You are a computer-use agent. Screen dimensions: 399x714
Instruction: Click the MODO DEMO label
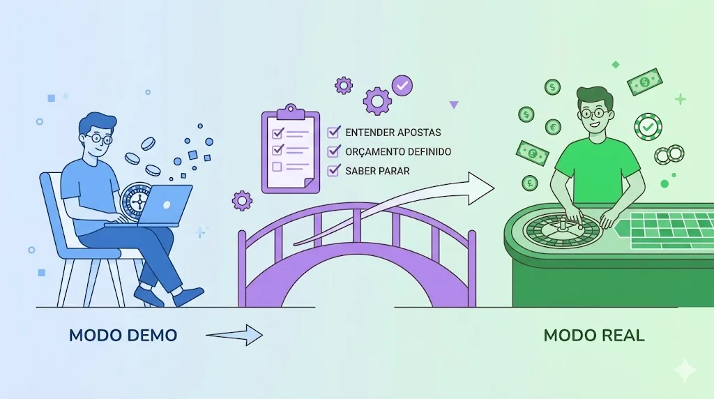[123, 336]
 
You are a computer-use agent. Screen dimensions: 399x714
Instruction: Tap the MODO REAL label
[593, 336]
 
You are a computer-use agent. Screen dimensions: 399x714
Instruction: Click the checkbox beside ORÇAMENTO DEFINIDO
[334, 151]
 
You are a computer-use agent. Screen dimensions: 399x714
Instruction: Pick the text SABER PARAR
[377, 170]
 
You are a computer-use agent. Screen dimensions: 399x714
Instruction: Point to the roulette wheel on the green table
[557, 231]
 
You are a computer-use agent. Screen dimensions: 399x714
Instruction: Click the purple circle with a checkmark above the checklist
[402, 86]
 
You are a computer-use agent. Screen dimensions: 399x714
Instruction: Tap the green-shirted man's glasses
[594, 114]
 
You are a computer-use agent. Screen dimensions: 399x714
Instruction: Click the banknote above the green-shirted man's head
[644, 82]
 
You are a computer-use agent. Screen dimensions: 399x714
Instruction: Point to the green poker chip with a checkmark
[648, 127]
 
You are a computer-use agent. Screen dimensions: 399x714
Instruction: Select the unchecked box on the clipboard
[276, 167]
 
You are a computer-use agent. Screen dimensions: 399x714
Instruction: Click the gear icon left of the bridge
[242, 201]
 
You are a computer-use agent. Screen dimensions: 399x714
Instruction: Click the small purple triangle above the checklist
[454, 105]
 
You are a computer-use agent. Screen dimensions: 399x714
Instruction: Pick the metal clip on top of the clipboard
[291, 111]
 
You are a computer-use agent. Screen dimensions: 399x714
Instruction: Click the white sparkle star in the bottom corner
[685, 370]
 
